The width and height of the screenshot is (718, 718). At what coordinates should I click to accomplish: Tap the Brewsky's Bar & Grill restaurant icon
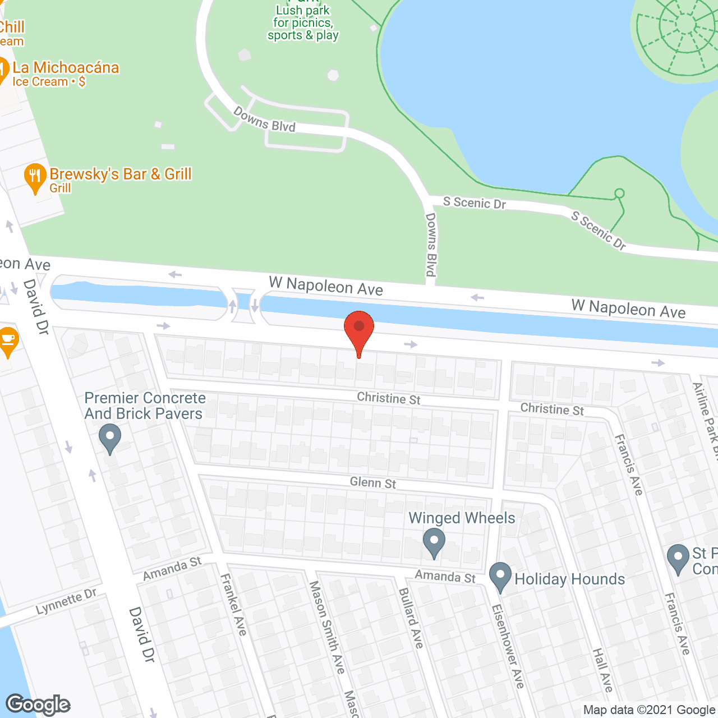click(35, 177)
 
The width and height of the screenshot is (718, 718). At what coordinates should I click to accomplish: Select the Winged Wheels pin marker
click(434, 542)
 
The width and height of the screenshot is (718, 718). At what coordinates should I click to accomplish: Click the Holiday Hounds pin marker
click(500, 576)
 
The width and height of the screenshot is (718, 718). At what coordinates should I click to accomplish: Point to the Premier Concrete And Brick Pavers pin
click(110, 438)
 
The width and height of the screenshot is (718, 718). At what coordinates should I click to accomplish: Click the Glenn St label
click(372, 482)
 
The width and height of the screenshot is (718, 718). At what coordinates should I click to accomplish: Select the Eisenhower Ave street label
click(508, 646)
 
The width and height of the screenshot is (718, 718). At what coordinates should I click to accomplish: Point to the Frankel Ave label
click(233, 605)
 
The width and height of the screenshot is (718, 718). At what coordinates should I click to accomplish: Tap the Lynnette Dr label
click(66, 601)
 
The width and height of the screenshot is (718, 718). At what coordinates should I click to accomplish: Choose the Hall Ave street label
click(602, 670)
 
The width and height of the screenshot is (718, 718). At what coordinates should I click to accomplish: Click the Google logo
click(38, 705)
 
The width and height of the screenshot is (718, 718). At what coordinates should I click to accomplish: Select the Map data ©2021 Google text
click(649, 710)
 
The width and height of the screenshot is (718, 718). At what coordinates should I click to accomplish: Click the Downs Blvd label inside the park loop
click(264, 119)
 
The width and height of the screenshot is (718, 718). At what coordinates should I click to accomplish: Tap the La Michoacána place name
click(66, 68)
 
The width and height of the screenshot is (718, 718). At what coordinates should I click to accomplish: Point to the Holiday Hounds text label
click(569, 579)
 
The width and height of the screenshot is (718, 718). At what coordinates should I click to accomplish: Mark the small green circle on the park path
click(619, 194)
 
